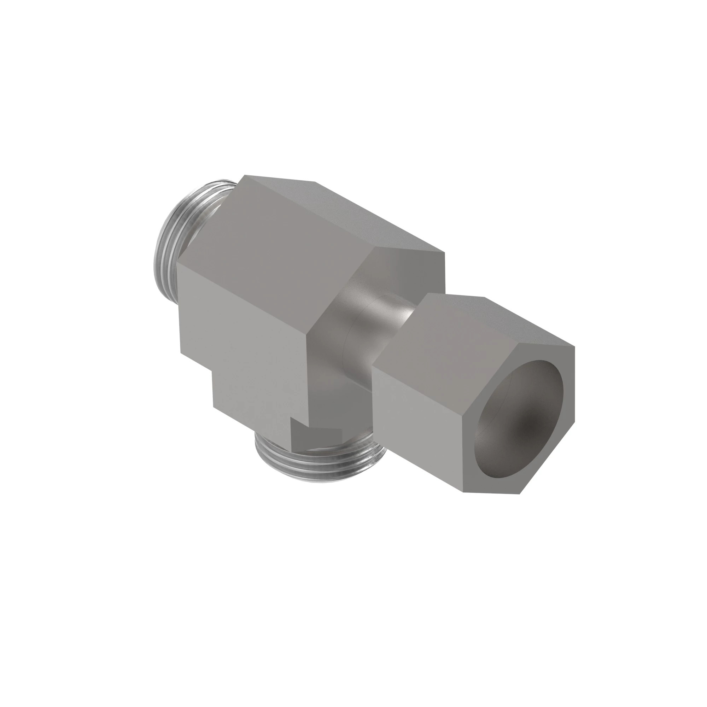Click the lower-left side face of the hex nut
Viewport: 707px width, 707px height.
(x=417, y=425)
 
